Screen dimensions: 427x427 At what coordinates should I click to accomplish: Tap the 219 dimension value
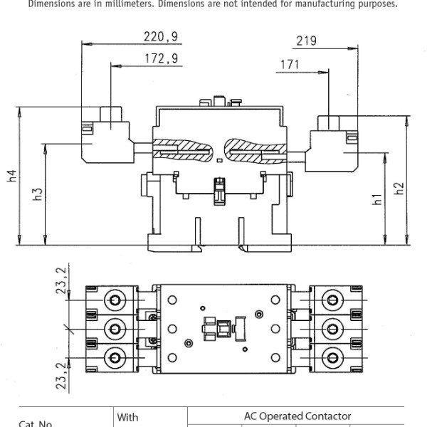coord(306,41)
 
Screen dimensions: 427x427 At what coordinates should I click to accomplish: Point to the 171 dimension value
coord(289,65)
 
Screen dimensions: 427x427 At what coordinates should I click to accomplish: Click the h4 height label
coord(12,176)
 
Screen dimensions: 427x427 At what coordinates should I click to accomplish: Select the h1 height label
coord(377,199)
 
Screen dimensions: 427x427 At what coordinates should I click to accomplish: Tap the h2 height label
coord(399,189)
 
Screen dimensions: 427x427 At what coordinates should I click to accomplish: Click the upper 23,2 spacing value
coord(62,280)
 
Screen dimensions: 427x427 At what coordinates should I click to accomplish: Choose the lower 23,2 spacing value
coord(62,375)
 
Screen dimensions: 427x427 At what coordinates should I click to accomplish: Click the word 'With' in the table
coord(128,417)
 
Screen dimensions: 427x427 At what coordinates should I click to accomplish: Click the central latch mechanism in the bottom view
coord(217,328)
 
